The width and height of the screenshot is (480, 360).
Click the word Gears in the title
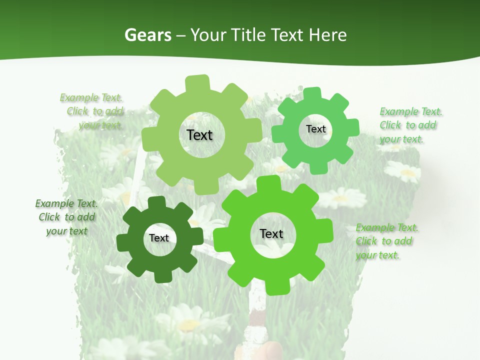pos(147,35)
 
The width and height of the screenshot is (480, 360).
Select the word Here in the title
pos(327,35)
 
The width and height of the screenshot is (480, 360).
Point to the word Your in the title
pos(208,35)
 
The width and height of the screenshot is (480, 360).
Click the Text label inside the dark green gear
pos(159,238)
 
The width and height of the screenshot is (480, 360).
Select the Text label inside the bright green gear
pos(271,234)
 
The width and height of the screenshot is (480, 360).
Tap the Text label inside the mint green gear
pos(315,129)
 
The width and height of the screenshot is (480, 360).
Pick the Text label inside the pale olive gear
pos(199,135)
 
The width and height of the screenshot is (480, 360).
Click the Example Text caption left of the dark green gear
pos(67,217)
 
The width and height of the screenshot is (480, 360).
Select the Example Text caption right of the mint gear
pos(410,125)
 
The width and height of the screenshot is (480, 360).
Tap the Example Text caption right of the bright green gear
pos(387,241)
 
